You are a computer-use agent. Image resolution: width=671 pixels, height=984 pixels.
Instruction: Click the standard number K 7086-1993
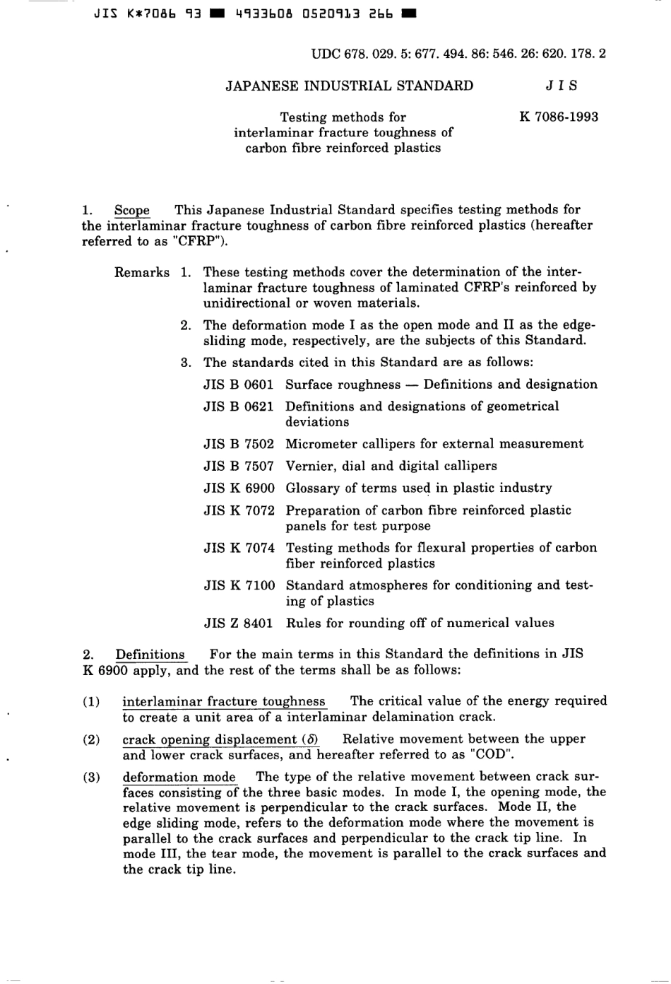(x=558, y=117)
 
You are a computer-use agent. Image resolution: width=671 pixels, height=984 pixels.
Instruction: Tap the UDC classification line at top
(x=458, y=53)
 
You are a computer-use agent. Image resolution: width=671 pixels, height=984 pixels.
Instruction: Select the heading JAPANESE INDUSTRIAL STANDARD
(x=349, y=86)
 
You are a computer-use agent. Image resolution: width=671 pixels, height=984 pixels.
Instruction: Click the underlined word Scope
(x=132, y=210)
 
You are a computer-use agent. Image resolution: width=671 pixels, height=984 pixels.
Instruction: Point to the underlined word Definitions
(x=150, y=655)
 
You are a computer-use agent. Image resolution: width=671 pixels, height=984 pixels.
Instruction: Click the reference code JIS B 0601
(x=238, y=385)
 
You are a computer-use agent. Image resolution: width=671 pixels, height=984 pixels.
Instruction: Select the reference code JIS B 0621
(x=238, y=406)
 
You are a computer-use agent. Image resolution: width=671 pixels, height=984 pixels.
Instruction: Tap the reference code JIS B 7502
(x=238, y=444)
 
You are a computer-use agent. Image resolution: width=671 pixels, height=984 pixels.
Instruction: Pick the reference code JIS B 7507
(x=238, y=466)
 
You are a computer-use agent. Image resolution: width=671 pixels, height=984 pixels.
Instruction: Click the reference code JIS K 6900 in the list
(x=239, y=488)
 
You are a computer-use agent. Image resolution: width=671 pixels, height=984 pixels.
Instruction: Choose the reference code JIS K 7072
(x=239, y=510)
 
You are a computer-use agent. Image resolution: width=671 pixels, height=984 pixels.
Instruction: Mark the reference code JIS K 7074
(x=239, y=548)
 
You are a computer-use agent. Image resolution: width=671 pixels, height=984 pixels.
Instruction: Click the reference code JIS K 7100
(x=239, y=585)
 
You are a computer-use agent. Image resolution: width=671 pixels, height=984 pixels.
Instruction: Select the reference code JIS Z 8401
(x=238, y=623)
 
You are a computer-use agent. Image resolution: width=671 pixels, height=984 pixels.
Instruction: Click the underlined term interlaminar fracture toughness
(x=224, y=701)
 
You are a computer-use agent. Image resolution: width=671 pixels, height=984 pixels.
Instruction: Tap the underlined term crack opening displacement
(x=220, y=739)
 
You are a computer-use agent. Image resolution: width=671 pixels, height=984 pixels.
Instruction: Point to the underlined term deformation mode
(x=179, y=777)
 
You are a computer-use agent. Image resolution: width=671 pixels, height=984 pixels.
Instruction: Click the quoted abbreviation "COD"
(x=484, y=754)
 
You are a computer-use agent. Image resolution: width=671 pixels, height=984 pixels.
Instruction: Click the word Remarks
(x=142, y=272)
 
